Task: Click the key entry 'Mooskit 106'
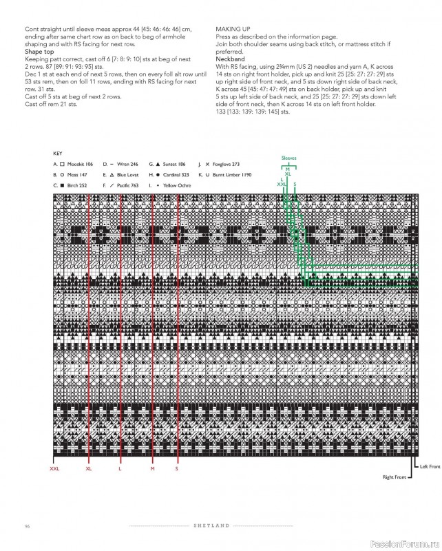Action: tap(79, 165)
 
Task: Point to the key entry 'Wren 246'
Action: tap(126, 165)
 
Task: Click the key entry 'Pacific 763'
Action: tap(127, 186)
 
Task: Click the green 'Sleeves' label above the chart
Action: tap(289, 158)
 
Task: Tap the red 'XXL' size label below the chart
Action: tap(55, 468)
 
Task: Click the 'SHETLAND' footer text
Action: tap(211, 527)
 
